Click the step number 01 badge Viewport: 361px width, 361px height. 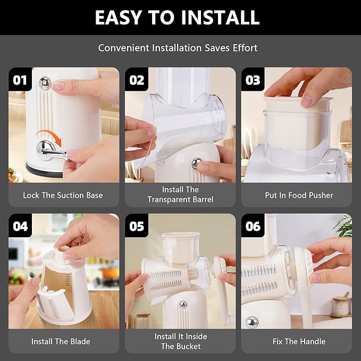point(20,79)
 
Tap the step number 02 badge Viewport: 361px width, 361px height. point(137,79)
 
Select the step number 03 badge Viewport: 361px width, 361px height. point(253,79)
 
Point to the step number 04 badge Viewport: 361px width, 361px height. point(20,225)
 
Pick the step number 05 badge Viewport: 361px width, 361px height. point(137,225)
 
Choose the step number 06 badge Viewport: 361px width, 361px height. point(253,225)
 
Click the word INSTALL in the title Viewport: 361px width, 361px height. point(220,18)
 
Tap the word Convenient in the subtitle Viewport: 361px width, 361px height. point(124,48)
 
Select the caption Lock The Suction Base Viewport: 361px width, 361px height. point(63,195)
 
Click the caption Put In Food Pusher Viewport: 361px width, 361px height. point(299,195)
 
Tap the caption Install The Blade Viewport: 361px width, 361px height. point(61,341)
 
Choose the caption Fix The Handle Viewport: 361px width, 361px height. point(299,341)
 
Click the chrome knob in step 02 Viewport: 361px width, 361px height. point(197,163)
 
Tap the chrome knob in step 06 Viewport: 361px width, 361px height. point(252,322)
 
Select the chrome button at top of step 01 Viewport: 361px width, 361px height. point(45,83)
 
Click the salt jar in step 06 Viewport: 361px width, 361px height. point(341,306)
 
